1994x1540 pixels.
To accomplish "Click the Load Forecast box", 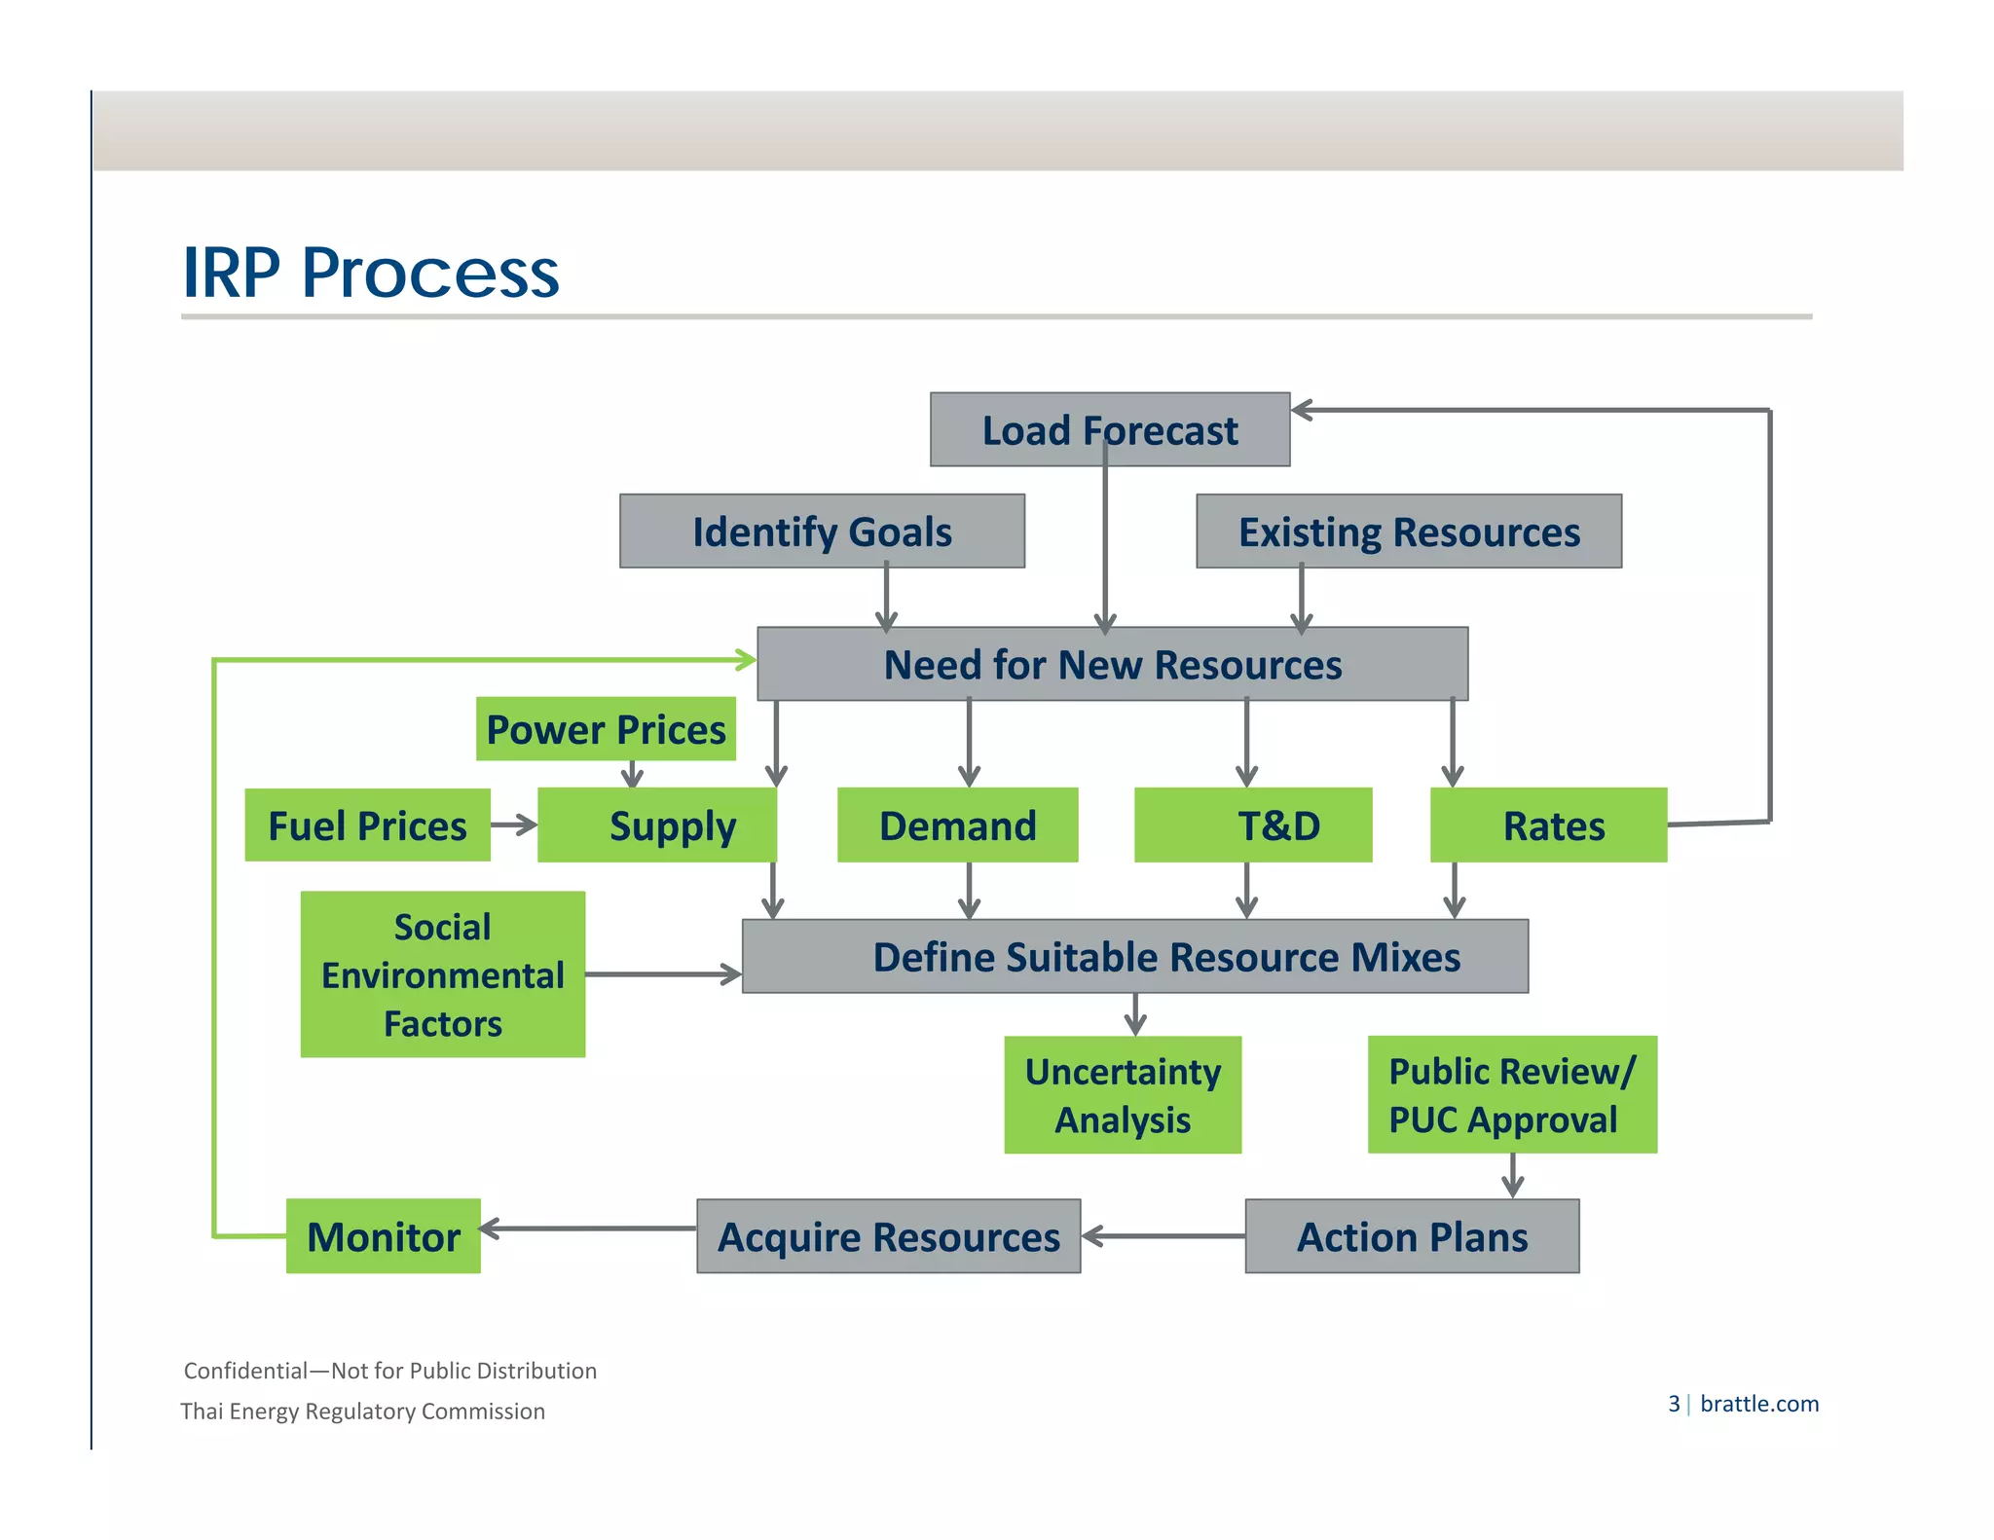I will (1110, 430).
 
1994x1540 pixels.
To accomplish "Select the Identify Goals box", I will (822, 532).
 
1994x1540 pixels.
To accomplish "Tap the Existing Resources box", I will (1408, 532).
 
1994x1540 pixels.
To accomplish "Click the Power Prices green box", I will (606, 729).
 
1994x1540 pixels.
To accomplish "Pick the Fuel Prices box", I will (367, 825).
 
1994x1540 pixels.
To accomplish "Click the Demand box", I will (957, 825).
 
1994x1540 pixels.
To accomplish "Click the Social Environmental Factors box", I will (443, 974).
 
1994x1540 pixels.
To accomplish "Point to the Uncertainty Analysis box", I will (1123, 1095).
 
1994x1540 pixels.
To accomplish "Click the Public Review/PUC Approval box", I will (1512, 1095).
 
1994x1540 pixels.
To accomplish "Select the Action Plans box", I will (1412, 1236).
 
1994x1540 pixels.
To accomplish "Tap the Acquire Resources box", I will (888, 1236).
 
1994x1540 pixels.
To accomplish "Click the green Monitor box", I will (384, 1236).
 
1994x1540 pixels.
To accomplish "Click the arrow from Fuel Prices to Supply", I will (514, 825).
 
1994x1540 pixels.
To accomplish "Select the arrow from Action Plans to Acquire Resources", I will (1163, 1236).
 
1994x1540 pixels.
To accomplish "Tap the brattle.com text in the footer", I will (1759, 1404).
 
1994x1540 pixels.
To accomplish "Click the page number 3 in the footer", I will (1674, 1404).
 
